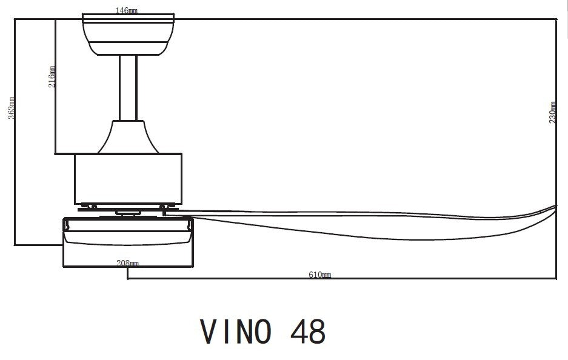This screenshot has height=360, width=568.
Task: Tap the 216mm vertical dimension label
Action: point(52,76)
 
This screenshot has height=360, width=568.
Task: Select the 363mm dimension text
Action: point(12,107)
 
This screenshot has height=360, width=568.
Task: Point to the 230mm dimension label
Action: point(552,112)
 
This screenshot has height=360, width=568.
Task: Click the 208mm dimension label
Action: point(129,264)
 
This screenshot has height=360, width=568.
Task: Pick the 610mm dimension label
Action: point(319,275)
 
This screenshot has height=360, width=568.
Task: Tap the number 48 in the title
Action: point(308,332)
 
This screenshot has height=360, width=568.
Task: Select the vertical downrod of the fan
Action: point(127,88)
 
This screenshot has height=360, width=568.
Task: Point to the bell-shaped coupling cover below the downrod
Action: point(127,136)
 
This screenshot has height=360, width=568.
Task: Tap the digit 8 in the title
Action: point(317,332)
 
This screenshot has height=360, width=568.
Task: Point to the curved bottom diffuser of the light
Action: point(129,243)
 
